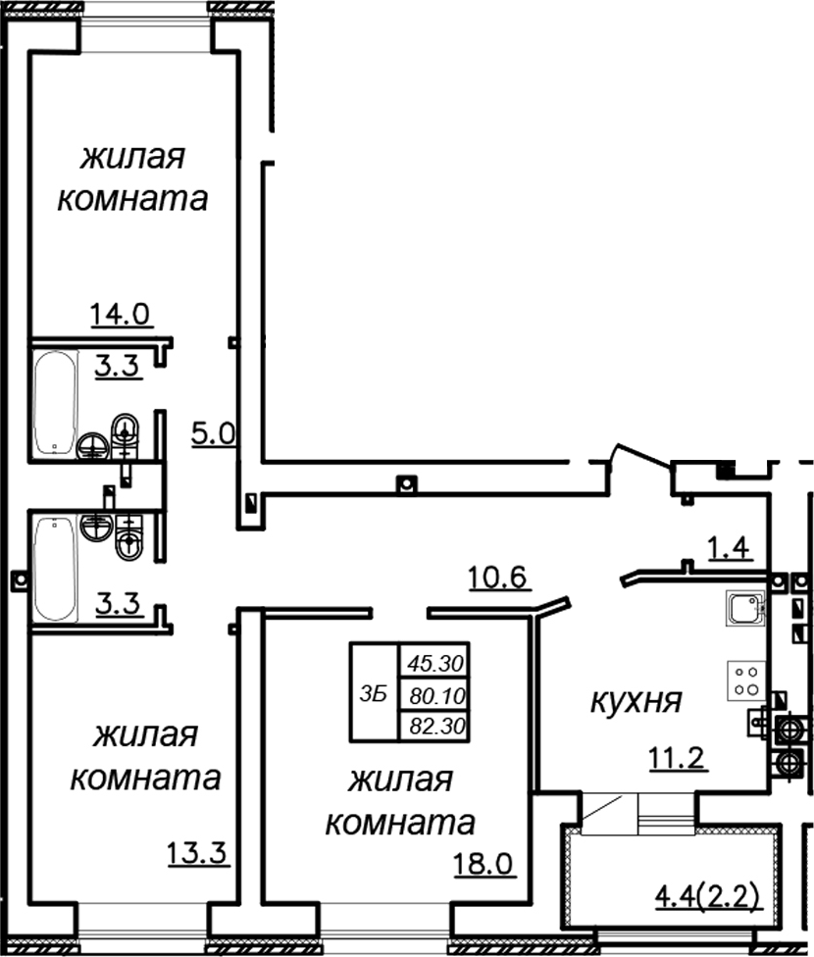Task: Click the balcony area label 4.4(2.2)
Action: tap(709, 896)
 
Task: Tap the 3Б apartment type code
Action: tap(374, 693)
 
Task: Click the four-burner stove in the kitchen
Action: tap(744, 680)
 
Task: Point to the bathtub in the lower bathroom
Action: tap(55, 570)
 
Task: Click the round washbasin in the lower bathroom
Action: tap(97, 528)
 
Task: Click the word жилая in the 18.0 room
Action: tap(401, 781)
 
